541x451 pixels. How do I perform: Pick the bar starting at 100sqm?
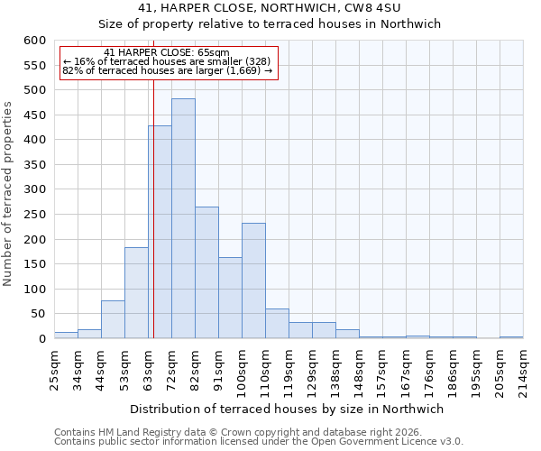coord(253,281)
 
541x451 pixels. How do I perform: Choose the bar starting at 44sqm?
coord(113,319)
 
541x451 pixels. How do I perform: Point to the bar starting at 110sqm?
coord(277,324)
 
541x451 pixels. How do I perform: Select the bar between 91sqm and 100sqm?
coord(230,298)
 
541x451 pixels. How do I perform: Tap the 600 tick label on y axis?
coord(33,41)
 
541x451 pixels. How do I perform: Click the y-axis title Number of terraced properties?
coord(9,194)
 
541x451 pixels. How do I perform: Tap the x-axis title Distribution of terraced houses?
coord(287,409)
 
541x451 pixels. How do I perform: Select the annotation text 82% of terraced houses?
coord(167,70)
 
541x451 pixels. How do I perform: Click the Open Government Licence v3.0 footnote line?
coord(259,441)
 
